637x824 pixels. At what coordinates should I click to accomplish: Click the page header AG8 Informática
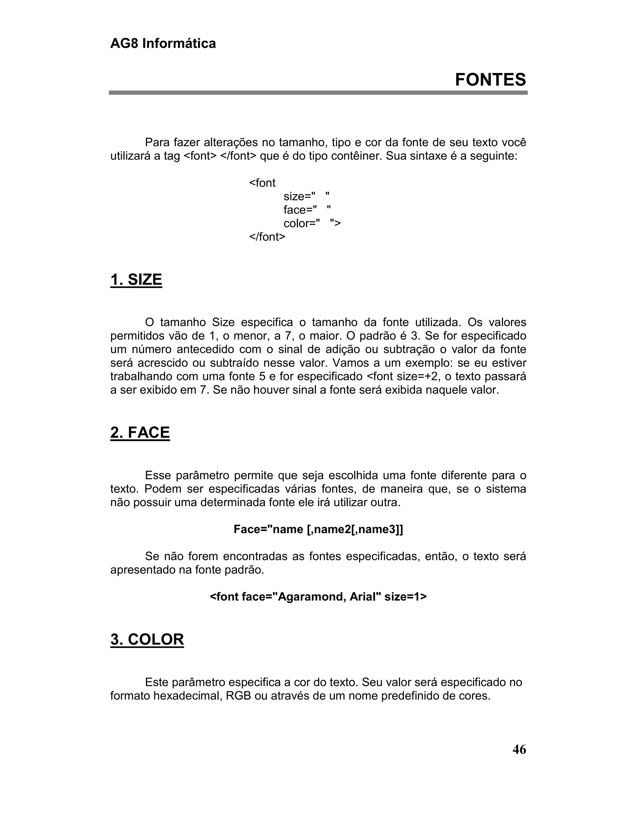pos(163,44)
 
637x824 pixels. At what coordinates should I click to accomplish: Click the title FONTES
pos(490,80)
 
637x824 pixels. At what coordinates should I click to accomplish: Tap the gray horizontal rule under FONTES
pos(318,93)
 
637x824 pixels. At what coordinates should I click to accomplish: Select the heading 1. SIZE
pos(136,280)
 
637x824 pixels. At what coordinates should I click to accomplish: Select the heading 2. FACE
pos(140,433)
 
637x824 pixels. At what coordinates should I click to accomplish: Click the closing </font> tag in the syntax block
pos(267,237)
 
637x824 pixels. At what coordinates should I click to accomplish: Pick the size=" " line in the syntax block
pos(306,197)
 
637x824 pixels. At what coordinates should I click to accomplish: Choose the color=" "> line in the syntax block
pos(312,223)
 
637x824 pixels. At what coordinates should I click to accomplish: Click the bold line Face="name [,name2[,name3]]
pos(318,529)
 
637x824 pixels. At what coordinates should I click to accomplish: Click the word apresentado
pos(143,570)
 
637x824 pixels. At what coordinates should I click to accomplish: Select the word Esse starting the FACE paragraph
pos(157,475)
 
